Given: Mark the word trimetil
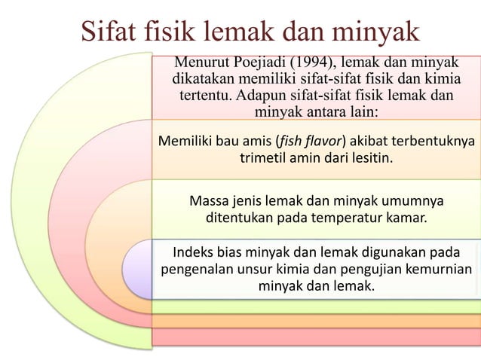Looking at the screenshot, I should tap(265, 159).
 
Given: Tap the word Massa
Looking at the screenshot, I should tap(207, 202).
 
